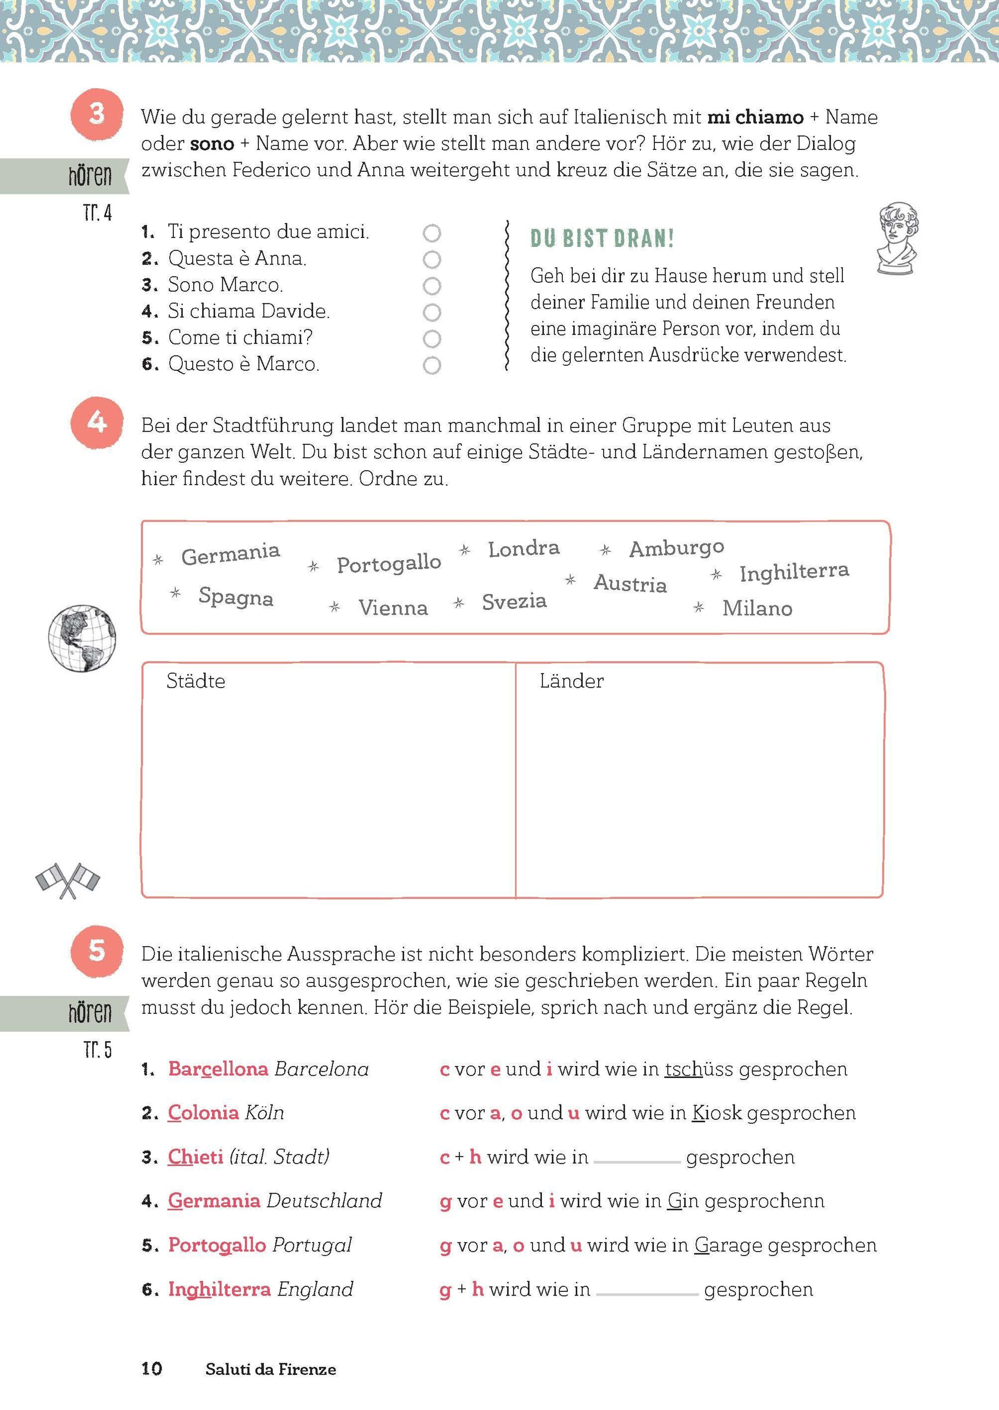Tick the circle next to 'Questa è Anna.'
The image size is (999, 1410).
432,260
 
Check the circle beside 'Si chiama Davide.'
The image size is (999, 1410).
432,313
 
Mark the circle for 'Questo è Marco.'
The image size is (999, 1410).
432,365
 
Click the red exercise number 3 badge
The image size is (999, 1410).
97,115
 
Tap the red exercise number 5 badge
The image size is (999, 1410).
97,951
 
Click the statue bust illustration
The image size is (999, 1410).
897,237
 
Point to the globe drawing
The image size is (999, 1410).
82,638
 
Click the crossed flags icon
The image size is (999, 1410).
68,880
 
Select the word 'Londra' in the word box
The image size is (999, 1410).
524,549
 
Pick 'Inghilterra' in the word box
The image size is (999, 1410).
793,572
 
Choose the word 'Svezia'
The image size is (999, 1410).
514,601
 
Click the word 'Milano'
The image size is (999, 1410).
757,608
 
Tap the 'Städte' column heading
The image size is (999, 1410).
196,681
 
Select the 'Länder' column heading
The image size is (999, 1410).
572,681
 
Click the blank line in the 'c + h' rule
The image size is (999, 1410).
637,1160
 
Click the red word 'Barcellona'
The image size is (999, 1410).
218,1069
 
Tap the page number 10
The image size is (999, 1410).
152,1368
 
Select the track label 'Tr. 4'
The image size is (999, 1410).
97,213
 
